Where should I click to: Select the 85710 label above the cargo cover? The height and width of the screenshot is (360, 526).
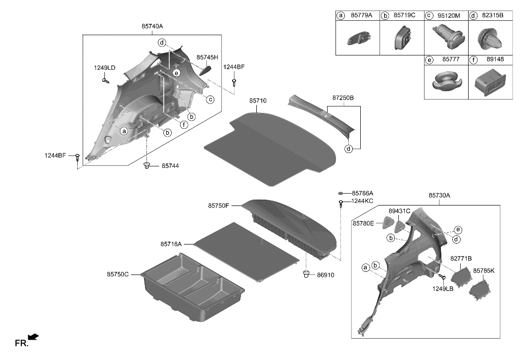pos(258,101)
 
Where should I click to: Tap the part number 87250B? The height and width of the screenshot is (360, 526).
pos(341,98)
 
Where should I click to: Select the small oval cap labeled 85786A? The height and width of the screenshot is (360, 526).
pos(341,193)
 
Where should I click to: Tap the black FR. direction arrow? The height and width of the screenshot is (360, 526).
pos(33,337)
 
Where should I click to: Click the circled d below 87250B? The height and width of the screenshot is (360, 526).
pos(350,148)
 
